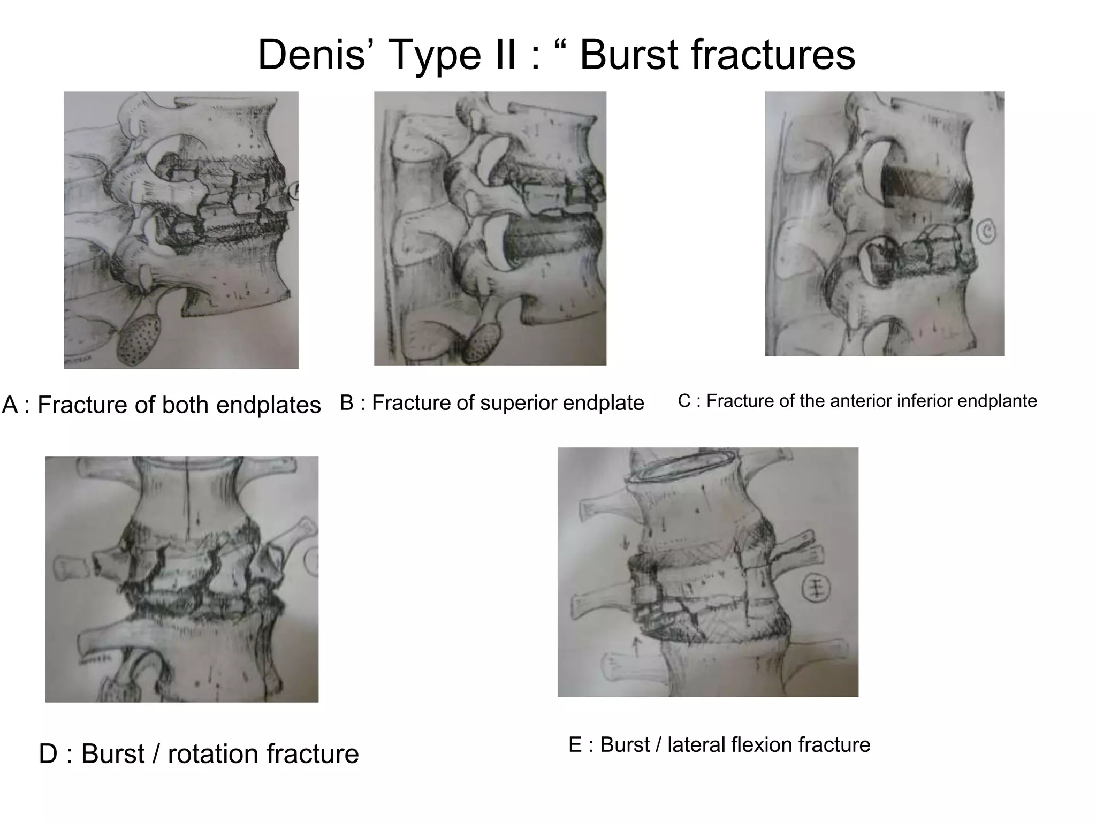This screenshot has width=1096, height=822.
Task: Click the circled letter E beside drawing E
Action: (x=816, y=589)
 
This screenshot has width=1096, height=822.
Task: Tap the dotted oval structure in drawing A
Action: (x=140, y=338)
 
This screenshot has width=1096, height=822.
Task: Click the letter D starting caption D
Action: (x=48, y=754)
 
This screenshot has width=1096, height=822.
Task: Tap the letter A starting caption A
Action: (x=10, y=405)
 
